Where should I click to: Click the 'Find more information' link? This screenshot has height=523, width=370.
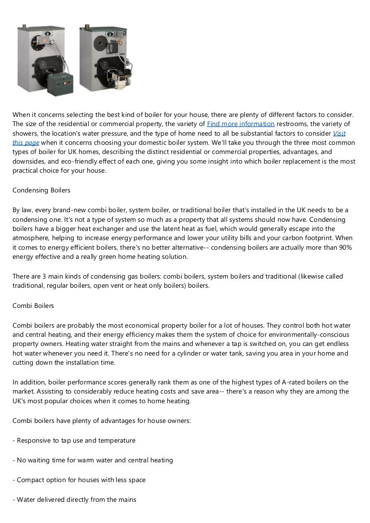[x=240, y=124]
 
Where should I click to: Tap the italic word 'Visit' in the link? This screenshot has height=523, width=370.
[x=339, y=133]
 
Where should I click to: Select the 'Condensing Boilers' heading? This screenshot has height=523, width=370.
[x=41, y=191]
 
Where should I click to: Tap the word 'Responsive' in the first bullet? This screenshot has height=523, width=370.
[x=35, y=440]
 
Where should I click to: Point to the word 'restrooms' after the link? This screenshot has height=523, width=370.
[x=292, y=124]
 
